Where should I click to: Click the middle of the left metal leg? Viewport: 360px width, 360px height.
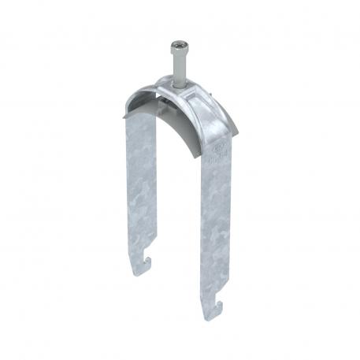141,189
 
